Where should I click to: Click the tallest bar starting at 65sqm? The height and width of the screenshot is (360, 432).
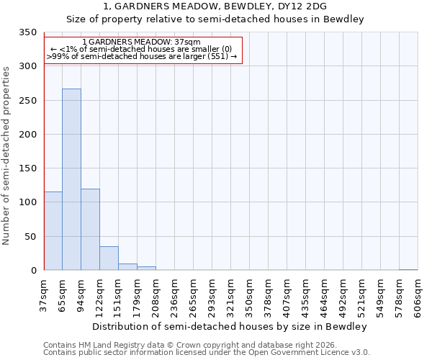pyautogui.click(x=71, y=179)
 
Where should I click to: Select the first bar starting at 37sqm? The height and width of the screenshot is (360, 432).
pyautogui.click(x=53, y=231)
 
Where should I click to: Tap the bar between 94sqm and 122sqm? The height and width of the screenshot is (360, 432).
pyautogui.click(x=90, y=230)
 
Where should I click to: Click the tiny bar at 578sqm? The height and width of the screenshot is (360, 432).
pyautogui.click(x=408, y=269)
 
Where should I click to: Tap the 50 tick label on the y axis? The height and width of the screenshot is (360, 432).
pyautogui.click(x=30, y=237)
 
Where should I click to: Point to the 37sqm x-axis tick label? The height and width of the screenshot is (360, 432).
pyautogui.click(x=44, y=294)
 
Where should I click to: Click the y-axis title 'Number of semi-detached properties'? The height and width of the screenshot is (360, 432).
pyautogui.click(x=6, y=155)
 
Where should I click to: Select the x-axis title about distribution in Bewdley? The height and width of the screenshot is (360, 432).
pyautogui.click(x=230, y=326)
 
